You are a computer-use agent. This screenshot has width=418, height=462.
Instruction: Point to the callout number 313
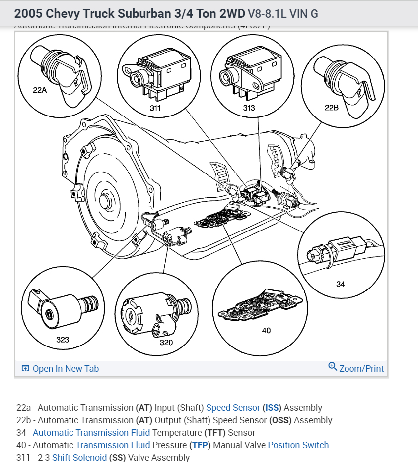pos(249,108)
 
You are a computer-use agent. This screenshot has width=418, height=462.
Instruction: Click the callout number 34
pos(340,284)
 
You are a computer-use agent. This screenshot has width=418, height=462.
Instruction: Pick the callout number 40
pos(266,330)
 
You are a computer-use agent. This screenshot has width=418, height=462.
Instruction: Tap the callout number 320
pos(166,342)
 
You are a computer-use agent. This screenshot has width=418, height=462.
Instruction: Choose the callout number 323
pos(63,340)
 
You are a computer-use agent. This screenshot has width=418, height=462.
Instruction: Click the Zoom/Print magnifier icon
pos(333,367)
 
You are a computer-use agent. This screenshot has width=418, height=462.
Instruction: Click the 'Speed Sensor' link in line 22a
pos(233,408)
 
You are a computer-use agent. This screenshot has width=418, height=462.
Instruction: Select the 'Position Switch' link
pos(298,445)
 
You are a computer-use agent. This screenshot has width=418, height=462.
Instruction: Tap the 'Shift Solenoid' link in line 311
pos(79,457)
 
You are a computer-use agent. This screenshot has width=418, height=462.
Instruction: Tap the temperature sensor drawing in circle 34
pos(338,250)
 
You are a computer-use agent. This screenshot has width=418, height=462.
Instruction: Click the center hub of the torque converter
pos(106,202)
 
